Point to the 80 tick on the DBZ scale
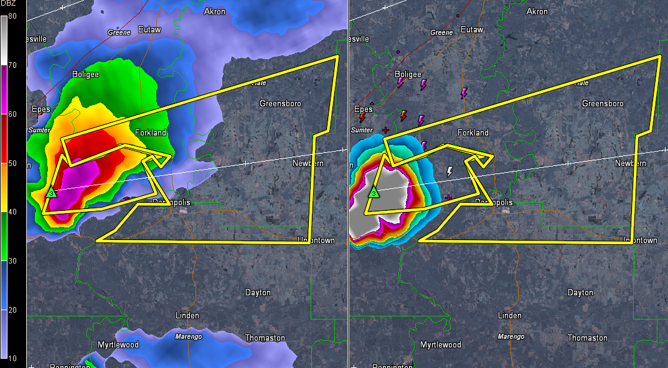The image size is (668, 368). (x=12, y=16)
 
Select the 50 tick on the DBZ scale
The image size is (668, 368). (x=12, y=164)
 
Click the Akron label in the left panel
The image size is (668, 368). (x=215, y=11)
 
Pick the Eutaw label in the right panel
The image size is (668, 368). (x=472, y=29)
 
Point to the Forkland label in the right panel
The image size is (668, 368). (x=473, y=132)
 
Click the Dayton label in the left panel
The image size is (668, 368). (x=258, y=292)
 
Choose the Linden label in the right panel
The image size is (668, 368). (x=509, y=315)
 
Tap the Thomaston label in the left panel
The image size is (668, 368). (x=265, y=338)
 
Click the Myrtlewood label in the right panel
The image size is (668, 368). (x=441, y=344)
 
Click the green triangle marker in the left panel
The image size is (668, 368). (x=52, y=193)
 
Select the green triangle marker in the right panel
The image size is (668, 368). (x=374, y=193)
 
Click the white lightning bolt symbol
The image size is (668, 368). (x=449, y=171)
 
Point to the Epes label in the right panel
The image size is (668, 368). (x=364, y=109)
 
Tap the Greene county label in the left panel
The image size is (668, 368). (x=119, y=32)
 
